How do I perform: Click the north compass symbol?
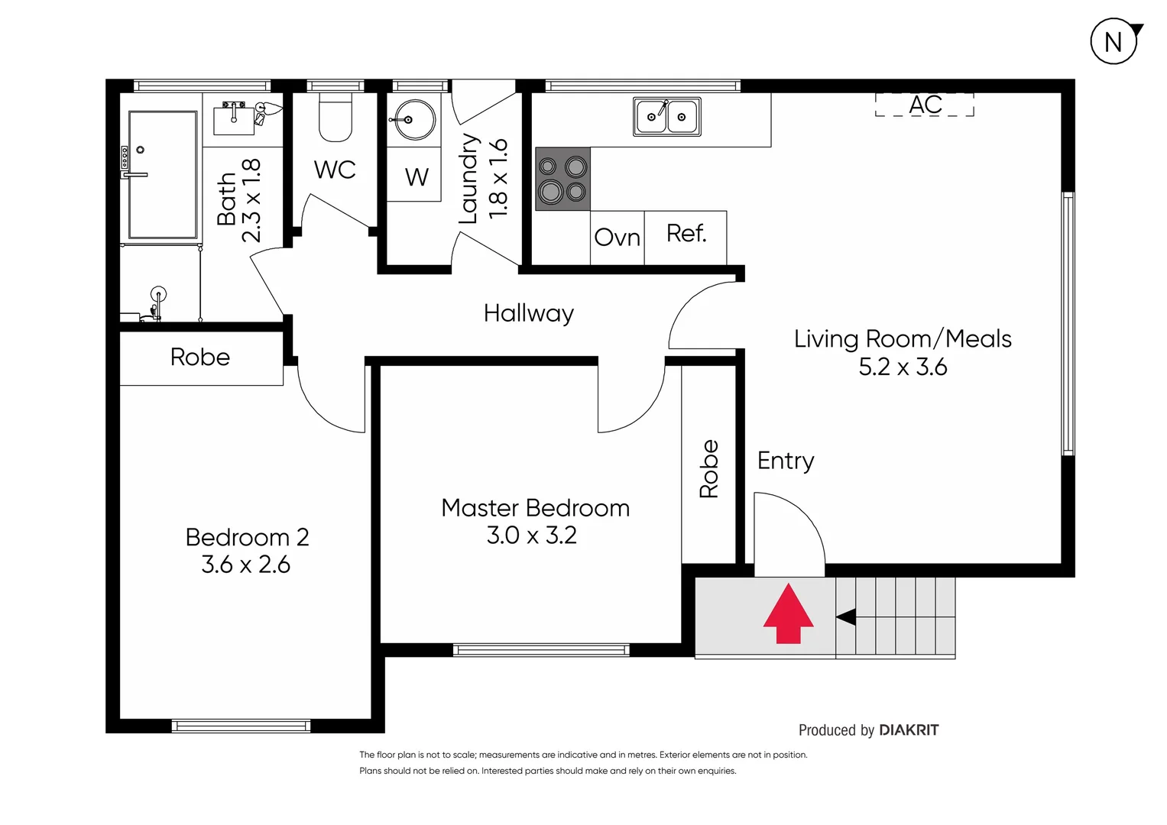pyautogui.click(x=1114, y=41)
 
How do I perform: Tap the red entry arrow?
pyautogui.click(x=788, y=615)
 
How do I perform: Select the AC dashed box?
pyautogui.click(x=925, y=105)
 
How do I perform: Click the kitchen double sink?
pyautogui.click(x=667, y=117)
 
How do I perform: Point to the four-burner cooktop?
pyautogui.click(x=562, y=179)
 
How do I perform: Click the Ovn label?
pyautogui.click(x=617, y=238)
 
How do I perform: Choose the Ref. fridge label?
pyautogui.click(x=686, y=234)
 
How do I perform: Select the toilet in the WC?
pyautogui.click(x=335, y=118)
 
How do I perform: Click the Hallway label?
pyautogui.click(x=528, y=313)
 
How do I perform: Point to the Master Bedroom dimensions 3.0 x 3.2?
pyautogui.click(x=532, y=535)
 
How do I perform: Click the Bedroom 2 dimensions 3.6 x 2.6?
pyautogui.click(x=245, y=565)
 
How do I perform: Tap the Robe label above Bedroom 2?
pyautogui.click(x=200, y=357)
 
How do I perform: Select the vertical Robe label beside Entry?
pyautogui.click(x=708, y=468)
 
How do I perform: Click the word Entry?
pyautogui.click(x=785, y=461)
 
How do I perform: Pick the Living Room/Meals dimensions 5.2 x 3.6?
pyautogui.click(x=903, y=367)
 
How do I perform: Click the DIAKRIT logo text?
pyautogui.click(x=909, y=730)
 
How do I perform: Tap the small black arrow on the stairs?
pyautogui.click(x=846, y=616)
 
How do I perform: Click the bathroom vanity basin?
pyautogui.click(x=234, y=117)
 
